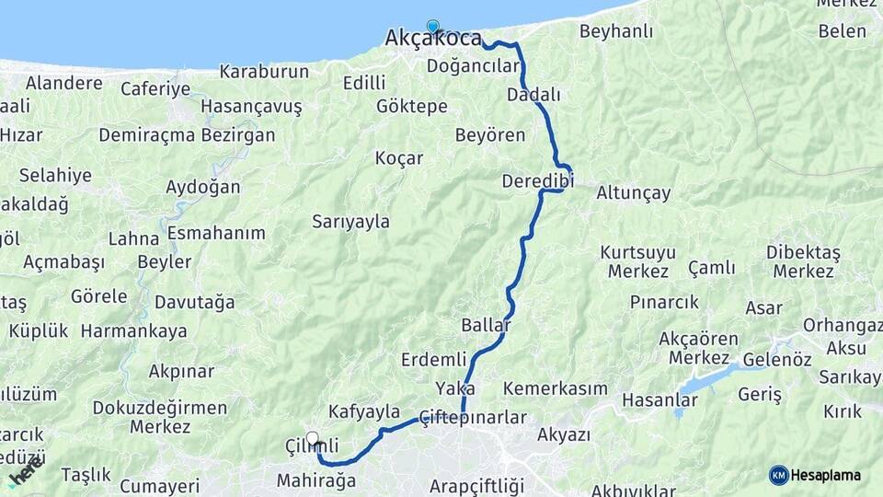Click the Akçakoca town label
(x=432, y=39)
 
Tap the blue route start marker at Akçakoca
(x=432, y=27)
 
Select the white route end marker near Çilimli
(x=312, y=438)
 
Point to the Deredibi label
(x=537, y=181)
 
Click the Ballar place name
(x=487, y=326)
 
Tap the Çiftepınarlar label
(x=473, y=418)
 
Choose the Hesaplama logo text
(x=826, y=475)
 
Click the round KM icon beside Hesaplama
(x=778, y=475)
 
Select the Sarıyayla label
(x=350, y=221)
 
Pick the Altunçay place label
(x=634, y=193)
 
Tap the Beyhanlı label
(x=615, y=31)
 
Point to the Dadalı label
(x=533, y=95)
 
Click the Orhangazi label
(x=842, y=325)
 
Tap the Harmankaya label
(x=133, y=330)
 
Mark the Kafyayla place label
(x=364, y=411)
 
